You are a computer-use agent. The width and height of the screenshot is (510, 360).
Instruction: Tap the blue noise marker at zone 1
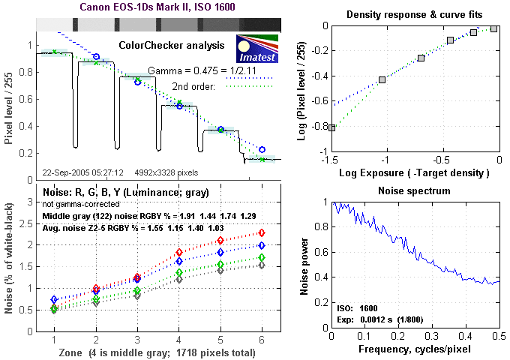pyautogui.click(x=53, y=299)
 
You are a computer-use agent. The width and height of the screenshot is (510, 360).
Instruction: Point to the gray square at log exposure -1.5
pyautogui.click(x=332, y=128)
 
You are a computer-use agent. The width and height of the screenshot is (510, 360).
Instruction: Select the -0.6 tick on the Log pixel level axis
pyautogui.click(x=315, y=100)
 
